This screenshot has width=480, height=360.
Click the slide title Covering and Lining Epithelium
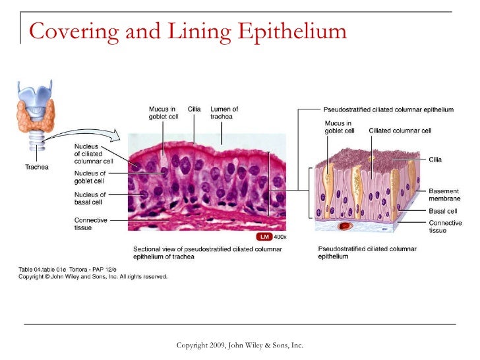tap(188, 31)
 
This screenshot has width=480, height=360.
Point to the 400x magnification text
tap(280, 236)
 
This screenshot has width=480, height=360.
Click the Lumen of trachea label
tap(224, 113)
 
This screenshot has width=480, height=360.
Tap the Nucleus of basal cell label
tap(90, 198)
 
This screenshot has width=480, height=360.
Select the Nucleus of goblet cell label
tap(90, 177)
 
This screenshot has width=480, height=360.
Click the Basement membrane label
tap(444, 194)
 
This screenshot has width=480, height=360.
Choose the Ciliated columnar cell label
tap(400, 131)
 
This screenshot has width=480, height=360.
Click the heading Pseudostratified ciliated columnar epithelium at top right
tap(388, 109)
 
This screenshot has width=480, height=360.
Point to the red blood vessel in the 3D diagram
tap(343, 226)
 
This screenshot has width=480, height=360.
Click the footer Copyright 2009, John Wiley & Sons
tap(240, 345)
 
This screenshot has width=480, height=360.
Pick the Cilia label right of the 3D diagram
tap(435, 160)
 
